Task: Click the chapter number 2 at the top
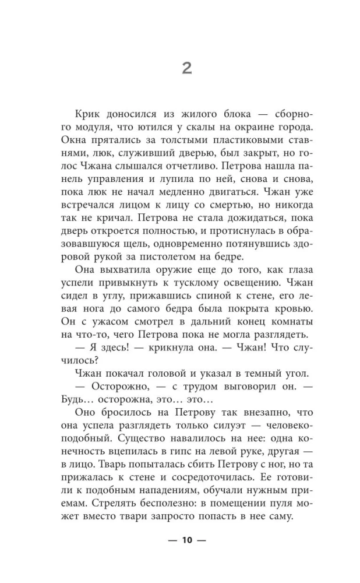(x=186, y=69)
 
